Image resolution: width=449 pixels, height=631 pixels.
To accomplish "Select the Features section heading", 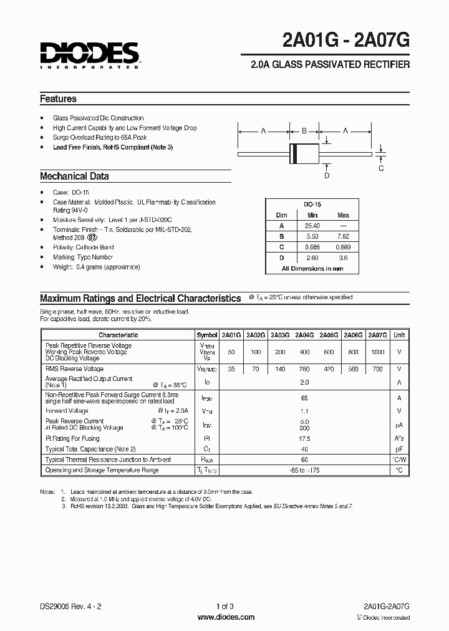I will click(58, 99).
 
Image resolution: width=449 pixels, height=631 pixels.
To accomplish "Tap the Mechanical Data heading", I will click(74, 176).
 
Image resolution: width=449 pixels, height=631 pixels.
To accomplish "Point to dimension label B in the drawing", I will click(304, 132).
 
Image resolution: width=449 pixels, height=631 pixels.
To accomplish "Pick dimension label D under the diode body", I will click(327, 176).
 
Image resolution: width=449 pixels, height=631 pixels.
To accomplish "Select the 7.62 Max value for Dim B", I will click(343, 236).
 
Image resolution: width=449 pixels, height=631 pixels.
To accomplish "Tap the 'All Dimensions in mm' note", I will click(312, 269).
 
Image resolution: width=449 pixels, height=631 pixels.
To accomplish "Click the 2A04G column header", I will click(304, 335).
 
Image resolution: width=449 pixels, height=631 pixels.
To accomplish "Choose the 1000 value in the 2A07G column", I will click(377, 352).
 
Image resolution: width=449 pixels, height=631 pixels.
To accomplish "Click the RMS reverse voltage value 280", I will click(304, 368).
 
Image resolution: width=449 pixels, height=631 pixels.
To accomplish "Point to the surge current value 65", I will click(304, 397).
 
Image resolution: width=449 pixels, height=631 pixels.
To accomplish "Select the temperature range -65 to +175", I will click(304, 470).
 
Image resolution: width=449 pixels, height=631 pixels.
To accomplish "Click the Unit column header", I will click(399, 335).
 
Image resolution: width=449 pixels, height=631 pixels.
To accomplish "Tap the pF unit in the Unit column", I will click(399, 449).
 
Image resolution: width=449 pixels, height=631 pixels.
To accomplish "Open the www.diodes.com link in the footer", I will click(225, 617).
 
